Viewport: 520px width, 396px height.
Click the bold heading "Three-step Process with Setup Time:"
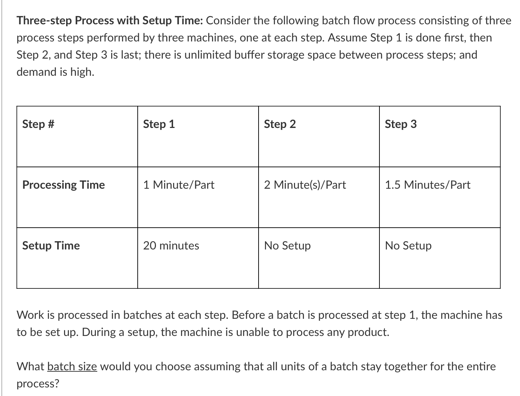110,21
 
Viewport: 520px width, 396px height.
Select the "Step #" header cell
38,124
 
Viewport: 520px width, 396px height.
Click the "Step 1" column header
159,124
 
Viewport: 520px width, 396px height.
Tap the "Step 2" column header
280,124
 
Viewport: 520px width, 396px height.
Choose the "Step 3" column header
401,124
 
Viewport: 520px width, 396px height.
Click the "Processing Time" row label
63,185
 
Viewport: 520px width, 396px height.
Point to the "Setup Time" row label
51,246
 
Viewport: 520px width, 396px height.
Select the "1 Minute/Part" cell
178,185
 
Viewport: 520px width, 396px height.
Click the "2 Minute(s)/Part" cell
305,185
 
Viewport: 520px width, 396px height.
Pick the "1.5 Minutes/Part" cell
427,185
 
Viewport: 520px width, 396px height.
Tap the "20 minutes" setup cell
171,246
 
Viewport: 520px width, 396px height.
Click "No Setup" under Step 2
287,246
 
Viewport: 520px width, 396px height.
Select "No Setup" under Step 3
408,246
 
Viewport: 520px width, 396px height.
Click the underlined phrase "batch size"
72,366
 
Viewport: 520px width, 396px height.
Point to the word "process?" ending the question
38,384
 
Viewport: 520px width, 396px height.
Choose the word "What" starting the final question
30,366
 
